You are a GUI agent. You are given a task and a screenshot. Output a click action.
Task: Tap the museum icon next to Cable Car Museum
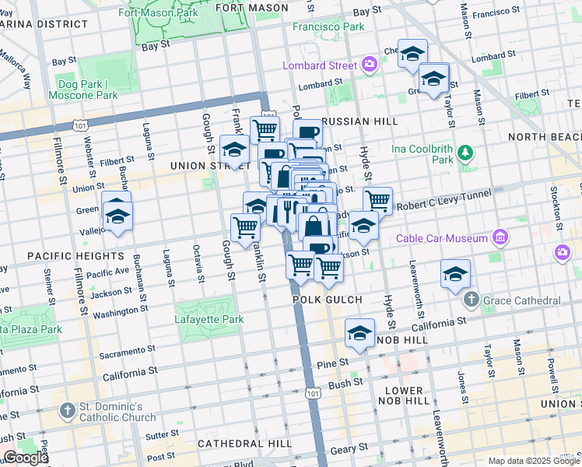(500, 237)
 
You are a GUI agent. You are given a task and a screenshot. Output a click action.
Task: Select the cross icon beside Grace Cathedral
(471, 300)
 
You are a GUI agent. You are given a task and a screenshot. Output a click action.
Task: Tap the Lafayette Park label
(209, 319)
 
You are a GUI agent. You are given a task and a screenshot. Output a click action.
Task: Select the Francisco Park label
(328, 26)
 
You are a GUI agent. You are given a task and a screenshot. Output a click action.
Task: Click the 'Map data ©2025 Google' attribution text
(533, 461)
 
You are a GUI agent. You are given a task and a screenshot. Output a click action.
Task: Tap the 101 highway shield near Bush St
(313, 395)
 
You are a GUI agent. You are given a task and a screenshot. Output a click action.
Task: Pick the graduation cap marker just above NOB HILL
(359, 333)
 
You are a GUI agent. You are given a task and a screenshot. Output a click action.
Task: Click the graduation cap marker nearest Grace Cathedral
(455, 274)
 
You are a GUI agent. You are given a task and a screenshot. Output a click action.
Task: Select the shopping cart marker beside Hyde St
(377, 200)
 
